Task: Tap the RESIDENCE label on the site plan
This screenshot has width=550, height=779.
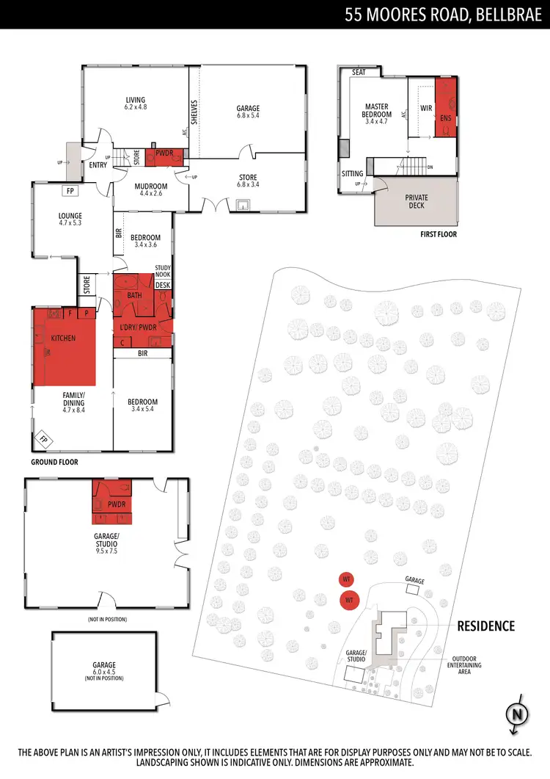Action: (x=486, y=626)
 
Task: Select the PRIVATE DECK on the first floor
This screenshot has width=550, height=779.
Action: (x=416, y=202)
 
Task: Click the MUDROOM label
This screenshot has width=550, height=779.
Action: (x=152, y=186)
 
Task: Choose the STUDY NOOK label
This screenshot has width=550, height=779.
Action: (x=163, y=272)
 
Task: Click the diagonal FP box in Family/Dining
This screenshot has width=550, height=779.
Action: (x=43, y=440)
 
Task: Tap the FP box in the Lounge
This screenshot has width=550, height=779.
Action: (x=70, y=191)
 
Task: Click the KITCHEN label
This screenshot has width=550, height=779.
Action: (x=63, y=338)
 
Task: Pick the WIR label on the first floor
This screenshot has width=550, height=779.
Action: (x=426, y=108)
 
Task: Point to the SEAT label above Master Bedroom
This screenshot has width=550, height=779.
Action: (x=359, y=73)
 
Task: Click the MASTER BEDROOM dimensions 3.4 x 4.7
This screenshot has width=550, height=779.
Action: (x=377, y=122)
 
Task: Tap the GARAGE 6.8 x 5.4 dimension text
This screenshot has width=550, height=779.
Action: (x=249, y=116)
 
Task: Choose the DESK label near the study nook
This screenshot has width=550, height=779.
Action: (x=162, y=285)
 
